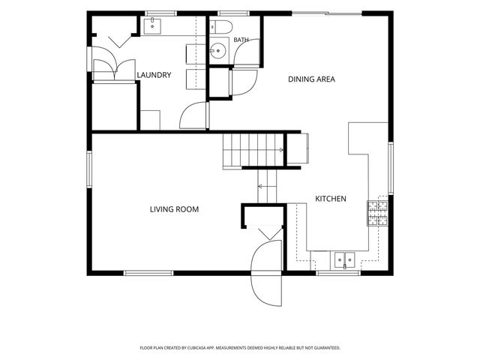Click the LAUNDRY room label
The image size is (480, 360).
(154, 75)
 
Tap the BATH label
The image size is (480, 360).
(241, 40)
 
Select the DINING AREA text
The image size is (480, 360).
(312, 79)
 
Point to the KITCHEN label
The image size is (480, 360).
(331, 199)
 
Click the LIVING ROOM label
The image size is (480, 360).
(174, 209)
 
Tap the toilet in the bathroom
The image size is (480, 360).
(221, 27)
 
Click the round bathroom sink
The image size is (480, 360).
(218, 51)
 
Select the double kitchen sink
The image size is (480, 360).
(345, 260)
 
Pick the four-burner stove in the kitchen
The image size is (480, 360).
(377, 213)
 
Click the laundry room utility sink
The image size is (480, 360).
(152, 26)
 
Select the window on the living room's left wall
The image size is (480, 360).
(89, 169)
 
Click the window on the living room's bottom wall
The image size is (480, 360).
(148, 273)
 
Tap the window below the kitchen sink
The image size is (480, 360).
(338, 273)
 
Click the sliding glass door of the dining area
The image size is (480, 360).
(327, 13)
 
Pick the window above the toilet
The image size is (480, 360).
(233, 13)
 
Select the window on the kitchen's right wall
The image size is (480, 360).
(391, 168)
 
